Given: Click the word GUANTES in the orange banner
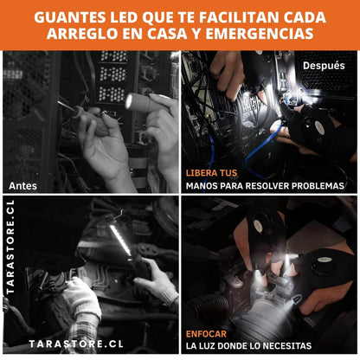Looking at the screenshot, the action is [x=70, y=17].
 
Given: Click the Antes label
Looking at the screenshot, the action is [x=22, y=186].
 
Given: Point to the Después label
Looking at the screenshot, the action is [x=324, y=66].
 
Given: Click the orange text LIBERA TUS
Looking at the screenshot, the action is [x=211, y=173].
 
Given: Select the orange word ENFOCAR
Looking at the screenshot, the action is [x=206, y=334].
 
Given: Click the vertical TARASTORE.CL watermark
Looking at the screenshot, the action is [x=10, y=247].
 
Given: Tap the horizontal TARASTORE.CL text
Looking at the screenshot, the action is [x=76, y=344].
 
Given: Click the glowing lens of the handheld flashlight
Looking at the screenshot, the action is [x=129, y=101].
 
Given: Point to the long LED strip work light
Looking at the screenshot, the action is [x=121, y=240].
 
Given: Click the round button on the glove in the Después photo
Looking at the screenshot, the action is [x=318, y=127].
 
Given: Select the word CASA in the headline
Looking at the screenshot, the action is [x=167, y=34].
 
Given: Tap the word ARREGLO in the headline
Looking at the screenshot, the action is [x=82, y=34].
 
